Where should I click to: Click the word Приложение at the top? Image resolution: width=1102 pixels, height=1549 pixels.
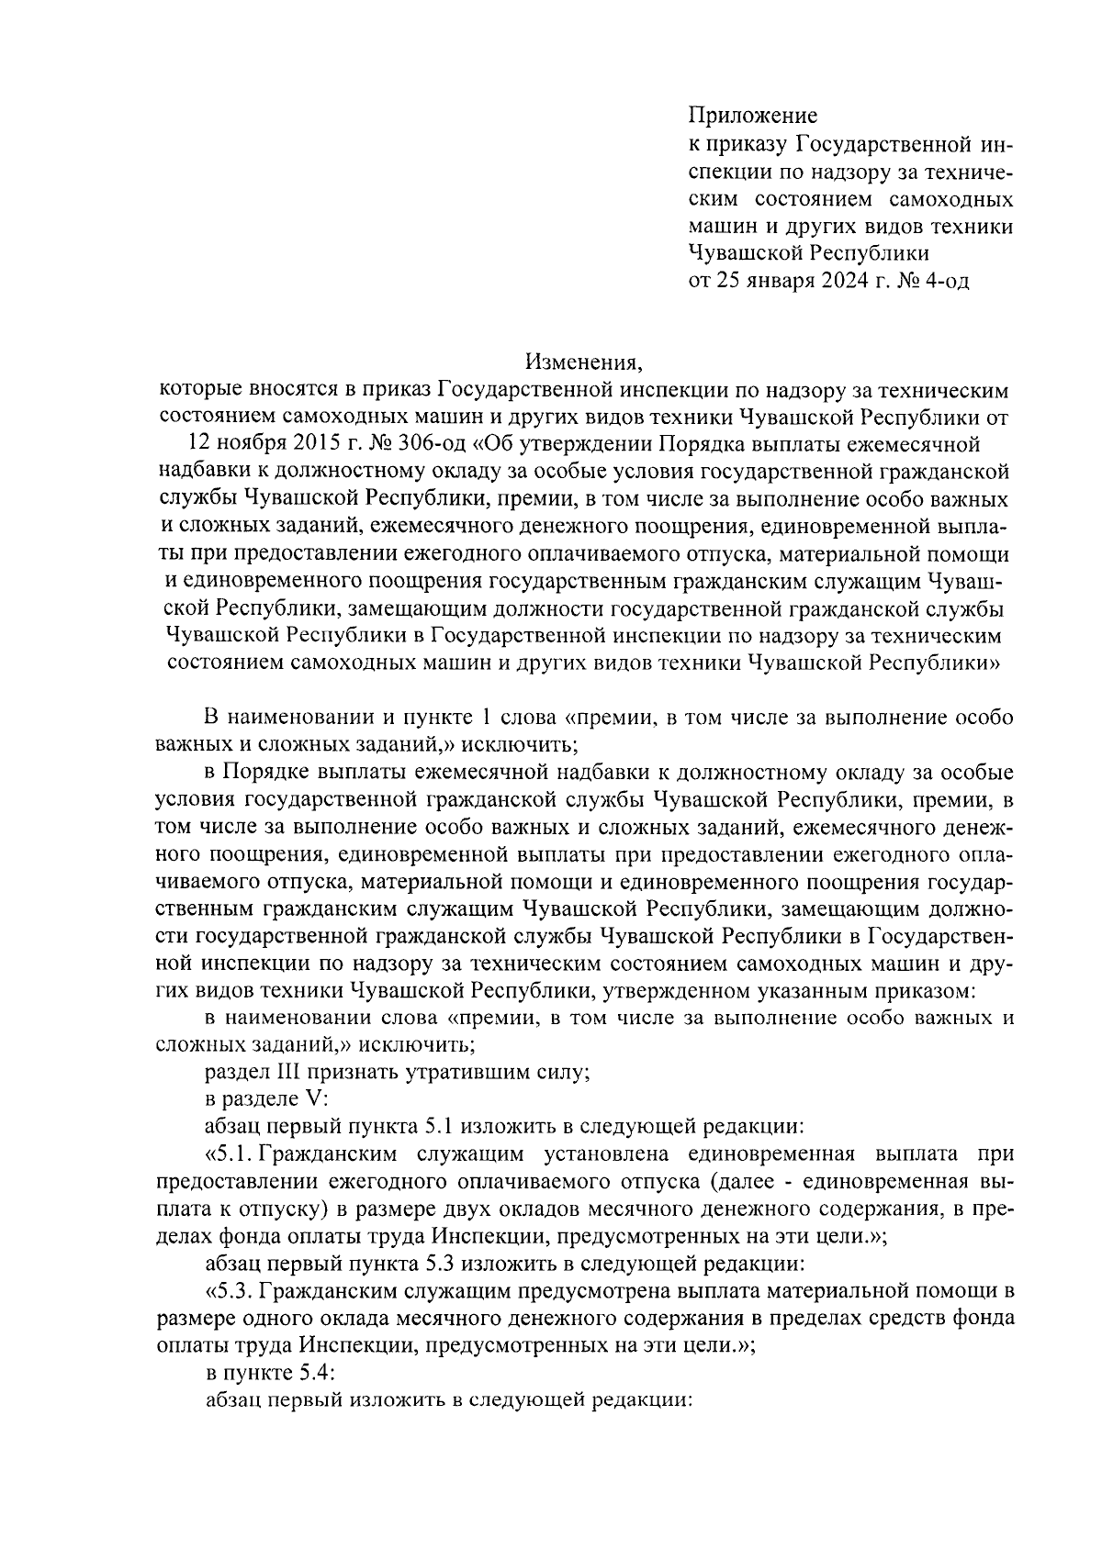pos(752,117)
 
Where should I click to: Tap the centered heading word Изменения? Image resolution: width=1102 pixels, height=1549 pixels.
pos(583,362)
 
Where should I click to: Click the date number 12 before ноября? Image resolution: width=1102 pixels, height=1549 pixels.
pos(199,445)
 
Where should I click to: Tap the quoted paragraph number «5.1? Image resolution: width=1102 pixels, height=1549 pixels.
pos(226,1153)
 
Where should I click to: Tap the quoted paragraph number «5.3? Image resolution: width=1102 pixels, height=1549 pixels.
pos(228,1291)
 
